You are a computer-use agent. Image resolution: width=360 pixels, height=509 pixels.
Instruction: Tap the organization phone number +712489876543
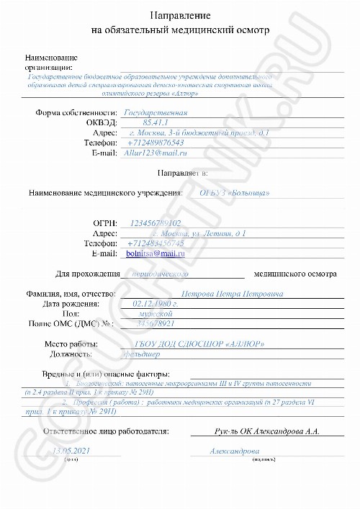[x=155, y=143]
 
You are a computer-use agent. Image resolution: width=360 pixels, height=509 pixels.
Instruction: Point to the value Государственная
[x=156, y=113]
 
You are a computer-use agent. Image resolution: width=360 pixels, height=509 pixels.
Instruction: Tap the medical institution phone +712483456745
[x=155, y=243]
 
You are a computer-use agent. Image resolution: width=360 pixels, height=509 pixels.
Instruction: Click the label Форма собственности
[x=76, y=113]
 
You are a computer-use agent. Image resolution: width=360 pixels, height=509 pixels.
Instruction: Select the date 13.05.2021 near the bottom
[x=73, y=450]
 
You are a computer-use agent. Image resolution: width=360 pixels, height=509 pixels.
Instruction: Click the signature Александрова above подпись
[x=233, y=450]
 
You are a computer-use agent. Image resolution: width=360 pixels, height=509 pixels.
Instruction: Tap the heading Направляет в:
[x=182, y=173]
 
